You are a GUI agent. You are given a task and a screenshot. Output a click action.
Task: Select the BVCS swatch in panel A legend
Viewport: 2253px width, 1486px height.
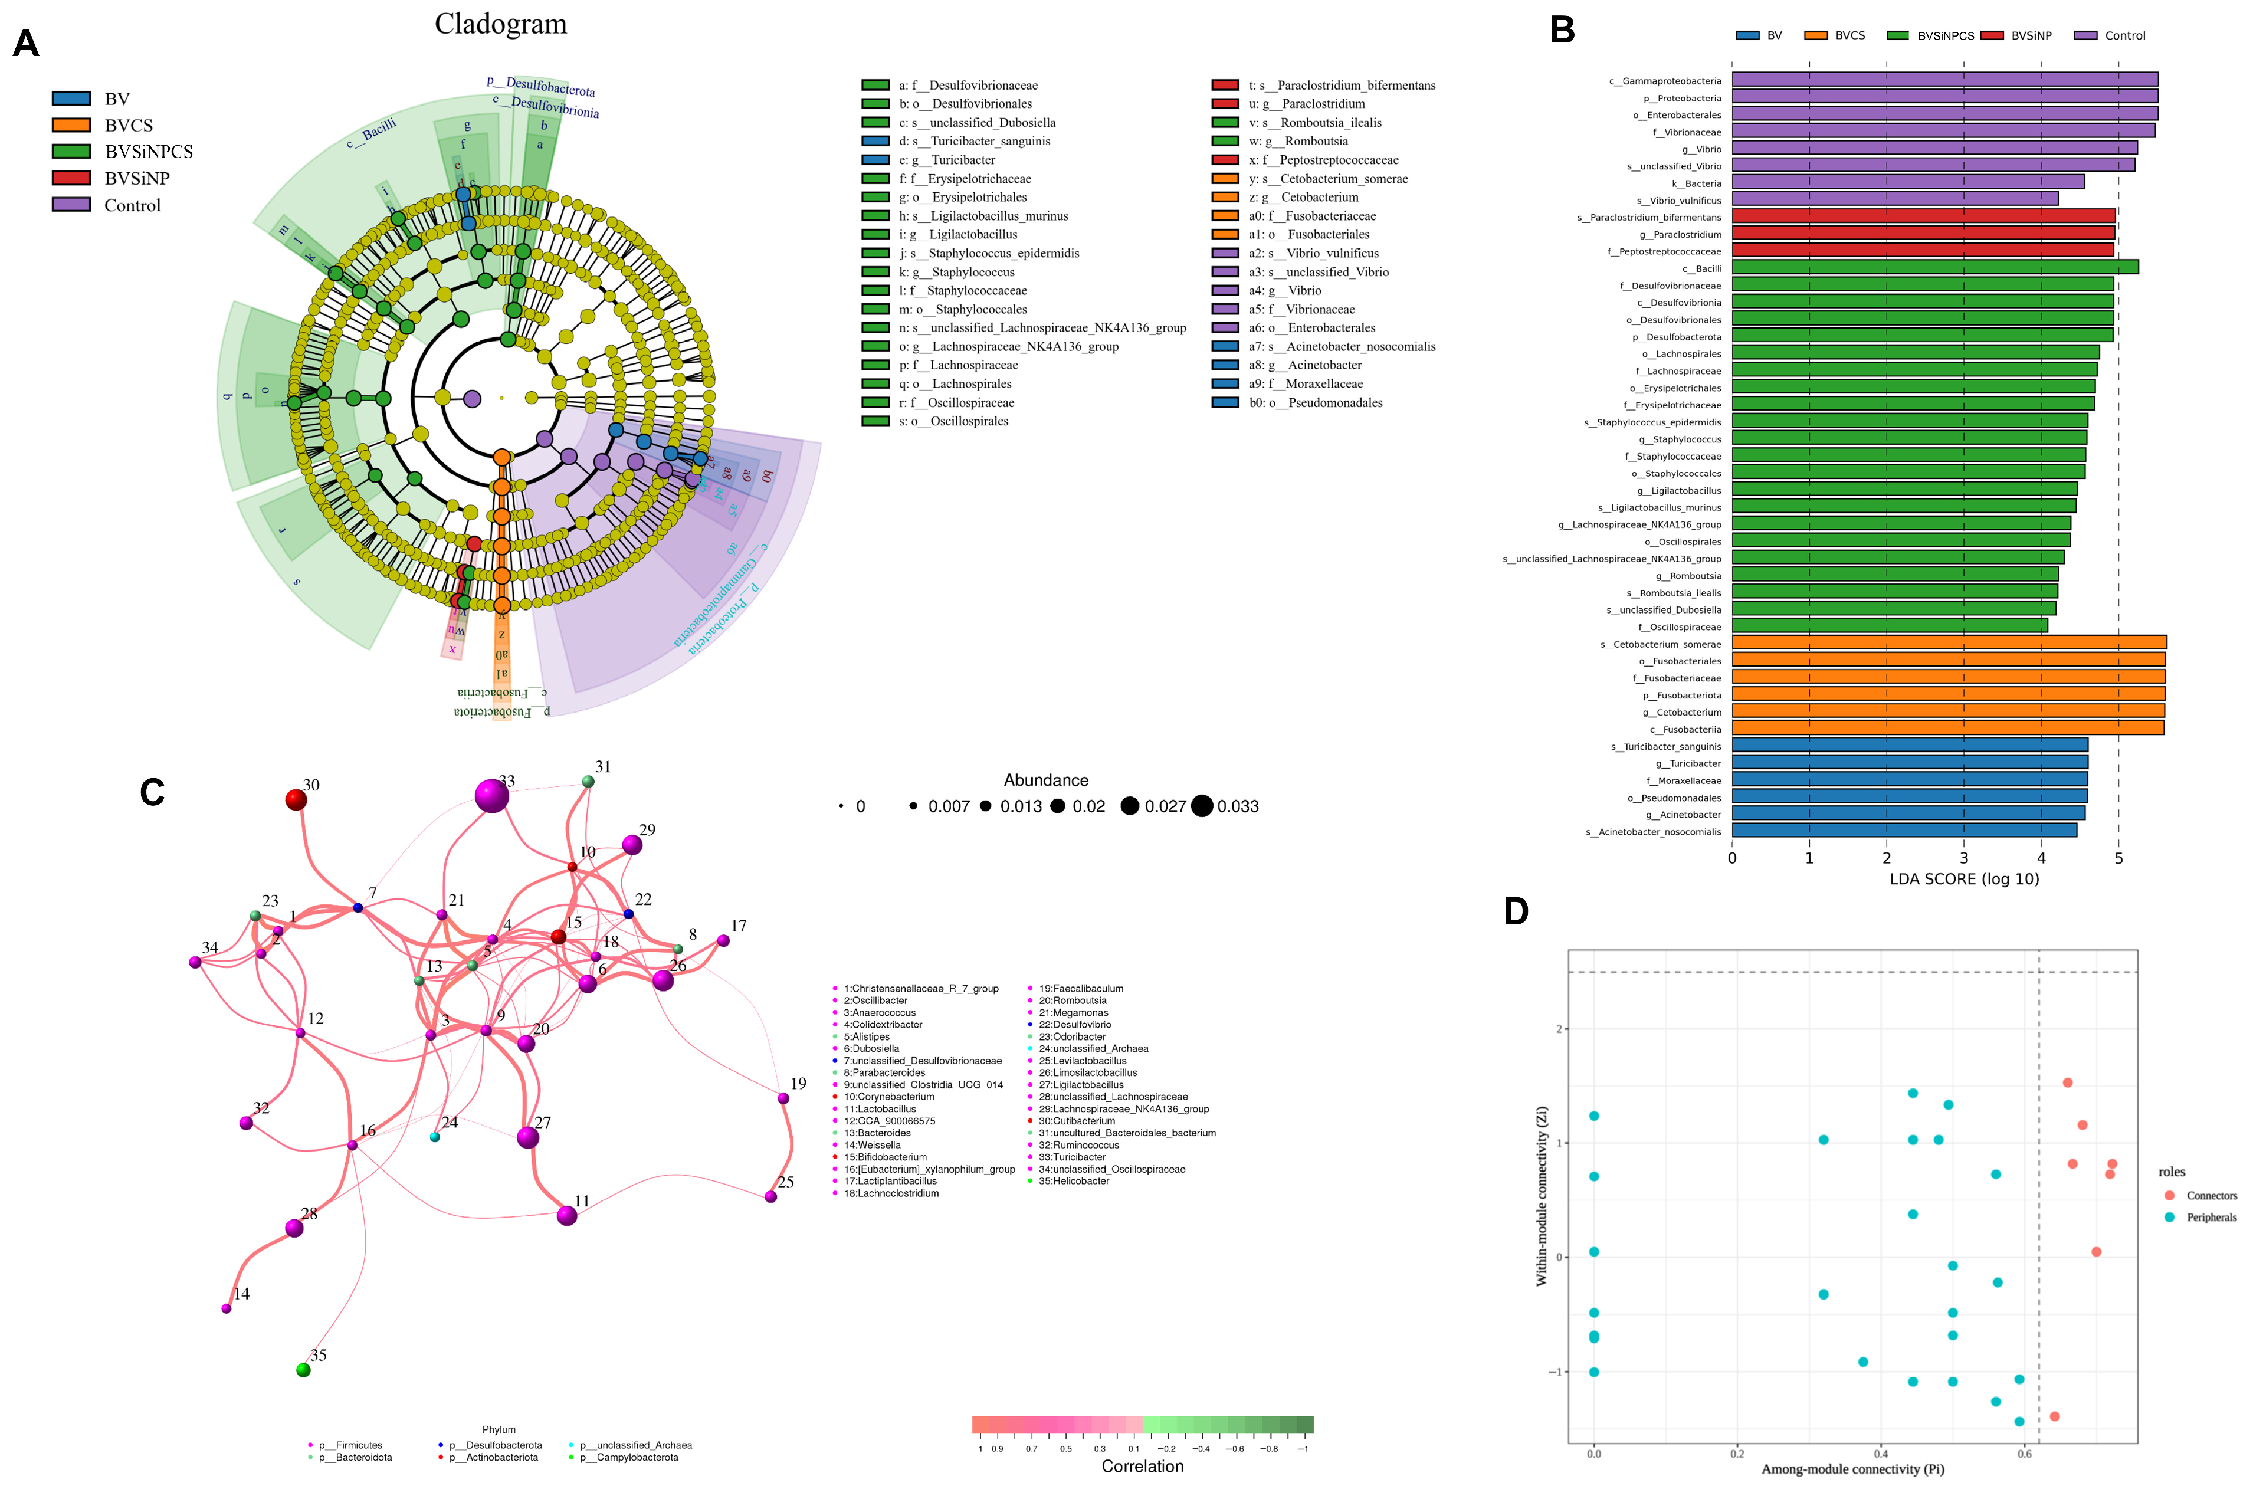[x=71, y=125]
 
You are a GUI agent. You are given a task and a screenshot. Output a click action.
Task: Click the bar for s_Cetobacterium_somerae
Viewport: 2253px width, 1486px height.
[x=1949, y=642]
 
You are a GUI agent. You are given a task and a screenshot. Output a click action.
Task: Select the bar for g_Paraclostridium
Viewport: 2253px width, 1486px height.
[x=1923, y=233]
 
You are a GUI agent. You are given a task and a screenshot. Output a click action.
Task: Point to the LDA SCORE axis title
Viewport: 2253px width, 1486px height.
[x=1964, y=878]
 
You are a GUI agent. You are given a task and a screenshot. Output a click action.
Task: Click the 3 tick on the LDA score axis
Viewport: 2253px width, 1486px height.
[x=1964, y=858]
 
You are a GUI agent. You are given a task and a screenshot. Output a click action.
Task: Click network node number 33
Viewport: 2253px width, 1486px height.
[x=491, y=796]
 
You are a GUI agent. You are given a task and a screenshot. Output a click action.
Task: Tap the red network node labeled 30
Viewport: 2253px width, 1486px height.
[x=296, y=800]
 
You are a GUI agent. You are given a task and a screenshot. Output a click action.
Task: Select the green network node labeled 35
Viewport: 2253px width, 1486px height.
[x=303, y=1369]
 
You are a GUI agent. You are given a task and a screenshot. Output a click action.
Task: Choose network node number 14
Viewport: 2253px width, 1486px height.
[x=227, y=1309]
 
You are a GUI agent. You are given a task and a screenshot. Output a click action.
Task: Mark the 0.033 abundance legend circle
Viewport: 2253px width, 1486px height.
[x=1202, y=806]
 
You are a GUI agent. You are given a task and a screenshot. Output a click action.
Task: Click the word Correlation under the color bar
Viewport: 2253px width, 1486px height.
[x=1142, y=1466]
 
